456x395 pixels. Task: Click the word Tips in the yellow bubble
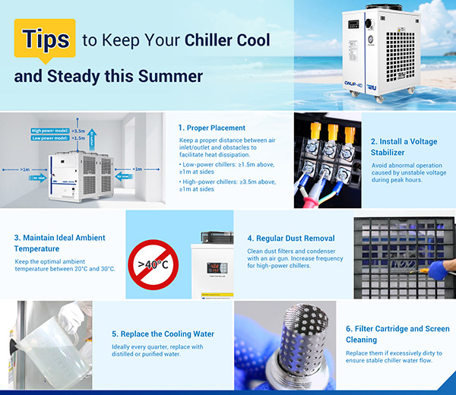(45, 39)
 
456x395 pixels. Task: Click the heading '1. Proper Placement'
(212, 128)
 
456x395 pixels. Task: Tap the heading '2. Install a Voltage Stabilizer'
(404, 147)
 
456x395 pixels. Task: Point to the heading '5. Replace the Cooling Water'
(163, 333)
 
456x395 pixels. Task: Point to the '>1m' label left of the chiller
(25, 169)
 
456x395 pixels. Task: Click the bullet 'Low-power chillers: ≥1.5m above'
(228, 163)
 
